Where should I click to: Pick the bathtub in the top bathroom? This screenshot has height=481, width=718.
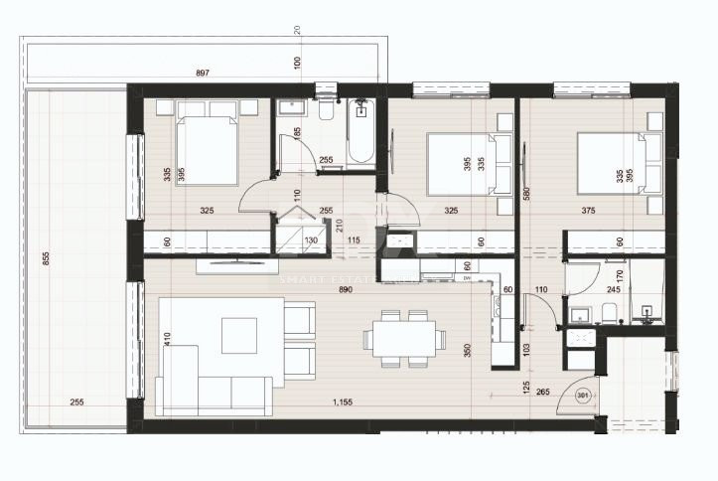pos(359,136)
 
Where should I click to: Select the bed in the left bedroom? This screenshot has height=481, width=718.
pos(208,149)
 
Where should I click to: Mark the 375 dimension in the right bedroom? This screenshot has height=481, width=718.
pos(594,211)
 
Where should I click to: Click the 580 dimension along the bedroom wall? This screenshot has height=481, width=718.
pos(527,194)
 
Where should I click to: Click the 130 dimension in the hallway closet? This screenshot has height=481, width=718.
pos(310,240)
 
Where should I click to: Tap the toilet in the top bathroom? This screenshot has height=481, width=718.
pos(324,108)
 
